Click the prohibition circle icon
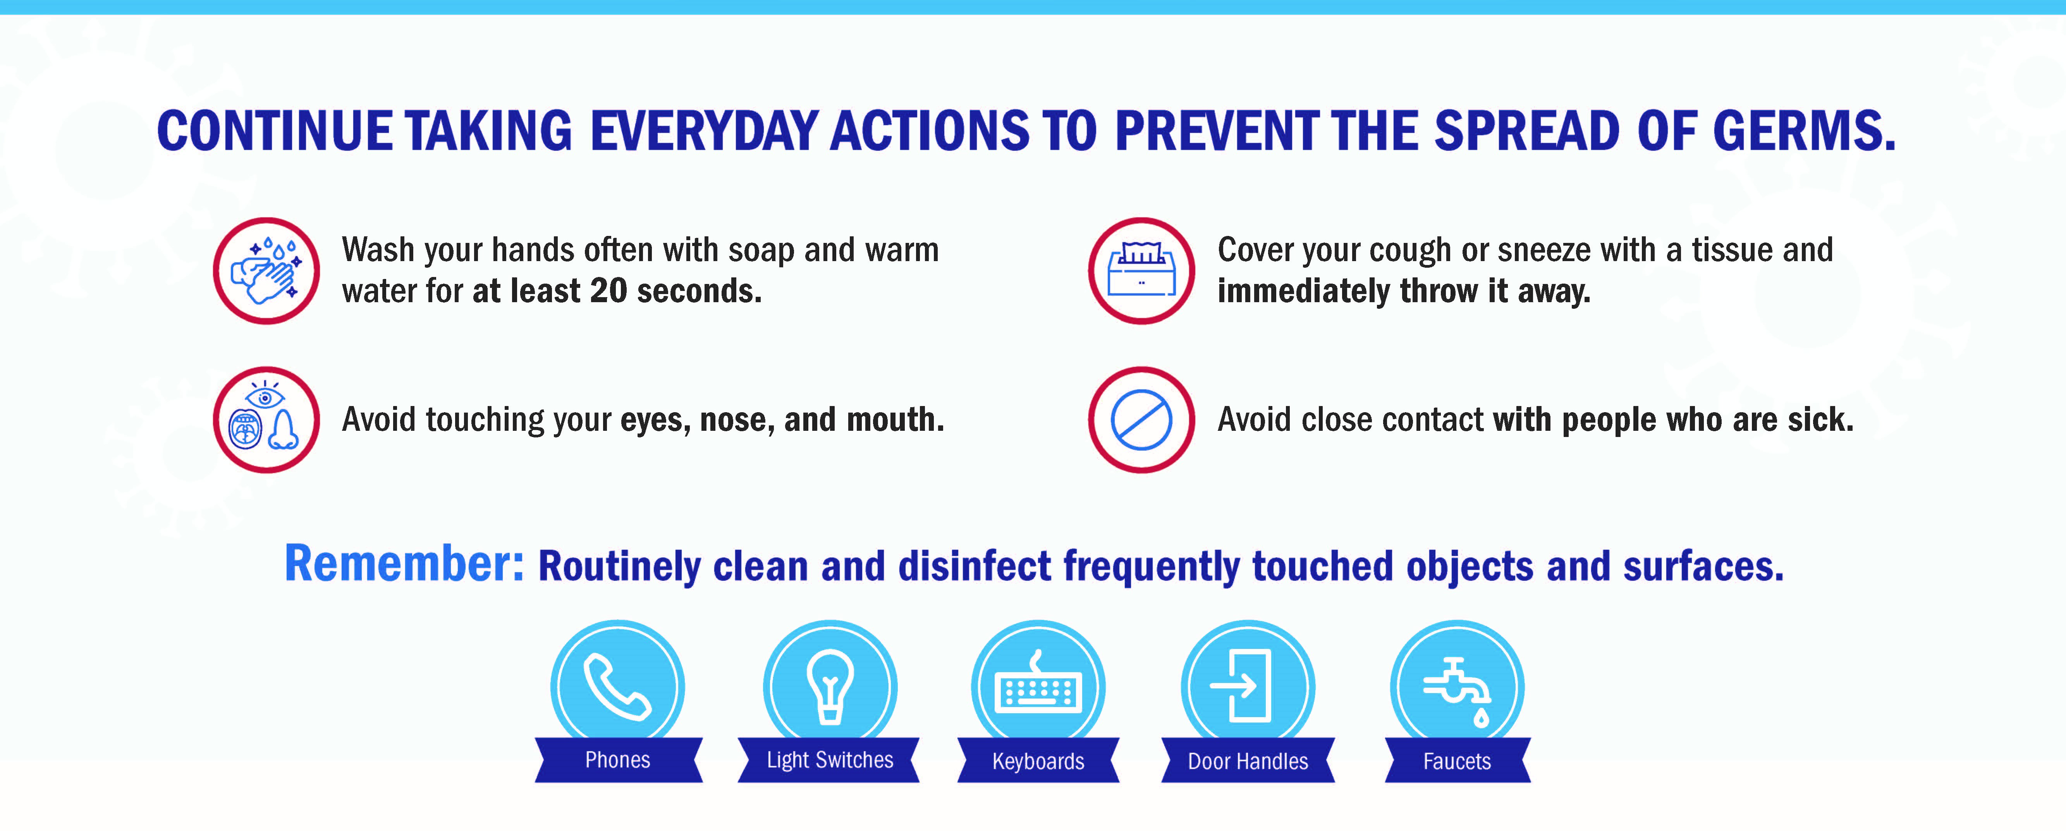click(1141, 420)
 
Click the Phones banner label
click(617, 760)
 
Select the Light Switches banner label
click(829, 760)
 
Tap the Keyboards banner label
click(1038, 760)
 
